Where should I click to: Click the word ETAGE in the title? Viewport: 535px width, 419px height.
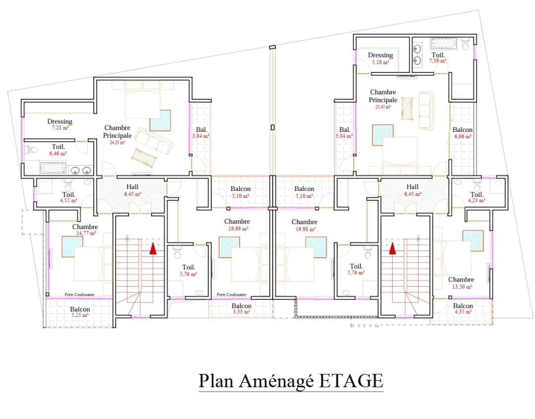point(351,381)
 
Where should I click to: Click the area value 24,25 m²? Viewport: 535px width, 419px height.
point(118,142)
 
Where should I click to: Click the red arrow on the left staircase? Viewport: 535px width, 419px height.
point(153,248)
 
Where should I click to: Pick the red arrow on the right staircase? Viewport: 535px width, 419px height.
point(393,248)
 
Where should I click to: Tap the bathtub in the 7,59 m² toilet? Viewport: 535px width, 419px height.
point(444,44)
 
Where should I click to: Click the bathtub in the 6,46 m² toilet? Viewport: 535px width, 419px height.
point(53,169)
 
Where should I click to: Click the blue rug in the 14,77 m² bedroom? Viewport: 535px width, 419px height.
point(72,246)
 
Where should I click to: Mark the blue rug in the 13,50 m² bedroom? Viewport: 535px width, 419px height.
point(473,240)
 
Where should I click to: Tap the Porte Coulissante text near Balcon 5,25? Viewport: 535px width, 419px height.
point(80,295)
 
